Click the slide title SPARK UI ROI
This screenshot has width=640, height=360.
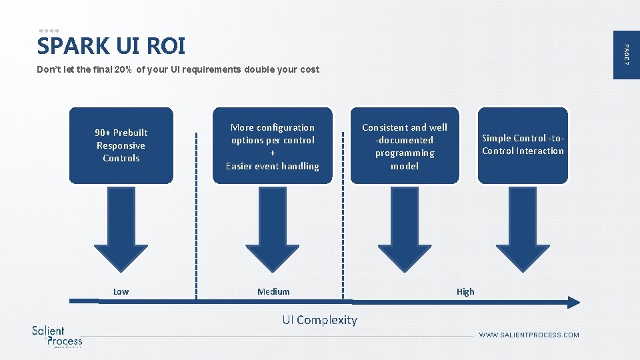(x=111, y=46)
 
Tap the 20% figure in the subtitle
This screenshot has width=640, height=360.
(x=122, y=69)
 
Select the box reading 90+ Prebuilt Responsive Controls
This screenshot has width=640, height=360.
(x=121, y=145)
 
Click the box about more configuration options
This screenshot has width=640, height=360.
(x=272, y=146)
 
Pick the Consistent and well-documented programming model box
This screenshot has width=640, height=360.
(x=405, y=146)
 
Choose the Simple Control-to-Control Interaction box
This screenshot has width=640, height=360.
(x=523, y=145)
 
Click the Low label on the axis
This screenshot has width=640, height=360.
(x=121, y=291)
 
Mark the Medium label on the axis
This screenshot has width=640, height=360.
(x=273, y=291)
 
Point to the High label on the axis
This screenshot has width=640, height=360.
(x=465, y=291)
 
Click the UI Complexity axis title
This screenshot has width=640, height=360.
(x=319, y=320)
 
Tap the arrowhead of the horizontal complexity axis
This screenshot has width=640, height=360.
(x=573, y=302)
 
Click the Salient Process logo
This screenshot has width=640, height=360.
(x=57, y=336)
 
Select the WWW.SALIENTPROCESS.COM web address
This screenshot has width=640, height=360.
(x=529, y=335)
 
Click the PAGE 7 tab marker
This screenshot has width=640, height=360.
(x=626, y=53)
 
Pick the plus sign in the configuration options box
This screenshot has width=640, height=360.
(x=273, y=153)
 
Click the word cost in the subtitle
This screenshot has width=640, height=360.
(x=309, y=69)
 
